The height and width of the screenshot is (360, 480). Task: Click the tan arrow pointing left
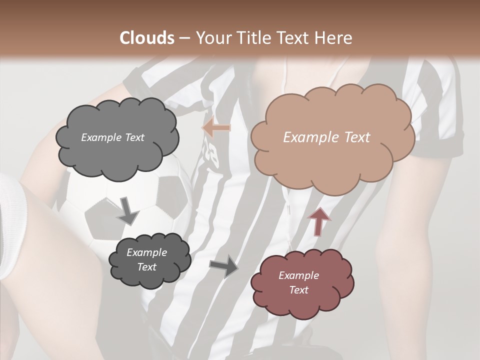point(216,128)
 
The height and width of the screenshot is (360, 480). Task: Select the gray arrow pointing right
point(224,266)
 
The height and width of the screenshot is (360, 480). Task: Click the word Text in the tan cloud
point(357,137)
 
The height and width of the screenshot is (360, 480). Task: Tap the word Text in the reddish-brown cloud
point(299,290)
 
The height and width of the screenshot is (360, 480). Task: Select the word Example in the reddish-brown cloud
point(299,275)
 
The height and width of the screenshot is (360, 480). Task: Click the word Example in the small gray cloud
point(147,252)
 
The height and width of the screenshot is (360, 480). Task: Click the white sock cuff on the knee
point(12,225)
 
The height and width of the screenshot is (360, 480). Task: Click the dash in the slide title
point(184,38)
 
